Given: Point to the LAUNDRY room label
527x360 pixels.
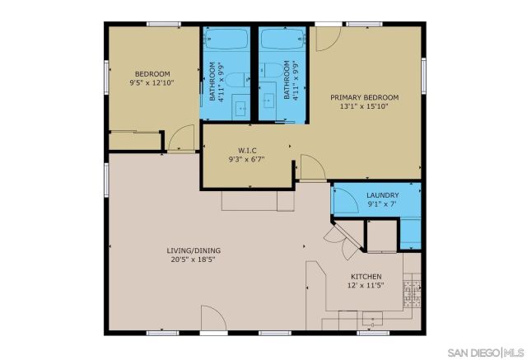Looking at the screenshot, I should pos(383,195).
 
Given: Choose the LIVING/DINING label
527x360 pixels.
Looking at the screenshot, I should pos(194,250).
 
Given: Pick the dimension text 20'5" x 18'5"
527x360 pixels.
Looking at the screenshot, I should pos(194,260).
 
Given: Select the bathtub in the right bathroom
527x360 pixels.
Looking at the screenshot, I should pos(280,39).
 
